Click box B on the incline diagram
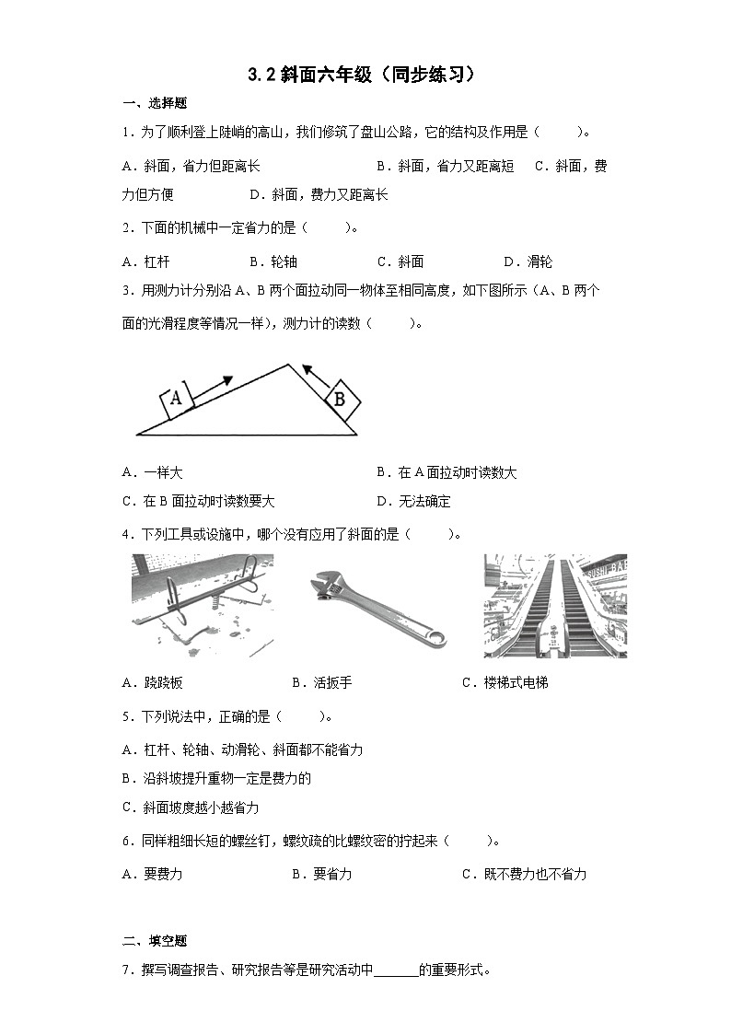(338, 398)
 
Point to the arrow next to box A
(215, 385)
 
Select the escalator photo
(555, 606)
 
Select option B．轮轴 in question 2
(273, 261)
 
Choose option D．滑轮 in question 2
(528, 261)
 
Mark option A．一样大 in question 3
(152, 472)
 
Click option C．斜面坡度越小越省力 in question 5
(191, 807)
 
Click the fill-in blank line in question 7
(396, 970)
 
